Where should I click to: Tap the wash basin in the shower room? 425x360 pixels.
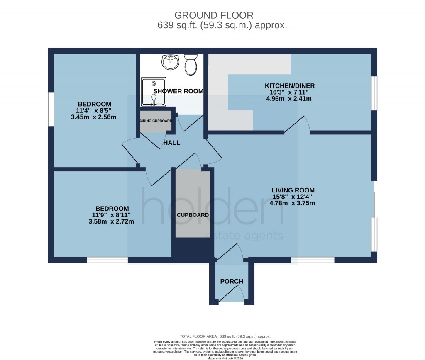[170, 62]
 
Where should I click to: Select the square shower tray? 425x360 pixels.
[153, 91]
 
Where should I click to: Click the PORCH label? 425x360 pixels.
[232, 281]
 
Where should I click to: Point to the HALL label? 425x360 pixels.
[172, 143]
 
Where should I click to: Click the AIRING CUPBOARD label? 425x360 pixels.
[156, 121]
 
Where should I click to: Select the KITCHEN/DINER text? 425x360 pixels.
[290, 86]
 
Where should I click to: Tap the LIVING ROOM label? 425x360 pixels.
[293, 190]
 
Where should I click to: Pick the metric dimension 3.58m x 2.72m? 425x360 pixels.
[111, 221]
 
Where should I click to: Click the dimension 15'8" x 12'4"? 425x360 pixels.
[292, 197]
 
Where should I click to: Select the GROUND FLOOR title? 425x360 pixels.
[214, 15]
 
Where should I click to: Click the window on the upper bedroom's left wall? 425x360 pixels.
[51, 109]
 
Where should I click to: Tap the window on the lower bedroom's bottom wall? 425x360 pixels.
[107, 260]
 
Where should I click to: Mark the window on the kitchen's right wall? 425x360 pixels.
[374, 93]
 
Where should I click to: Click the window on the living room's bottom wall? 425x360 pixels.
[313, 260]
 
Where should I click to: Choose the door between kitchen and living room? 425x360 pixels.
[298, 125]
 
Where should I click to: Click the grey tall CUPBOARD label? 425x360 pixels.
[193, 215]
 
